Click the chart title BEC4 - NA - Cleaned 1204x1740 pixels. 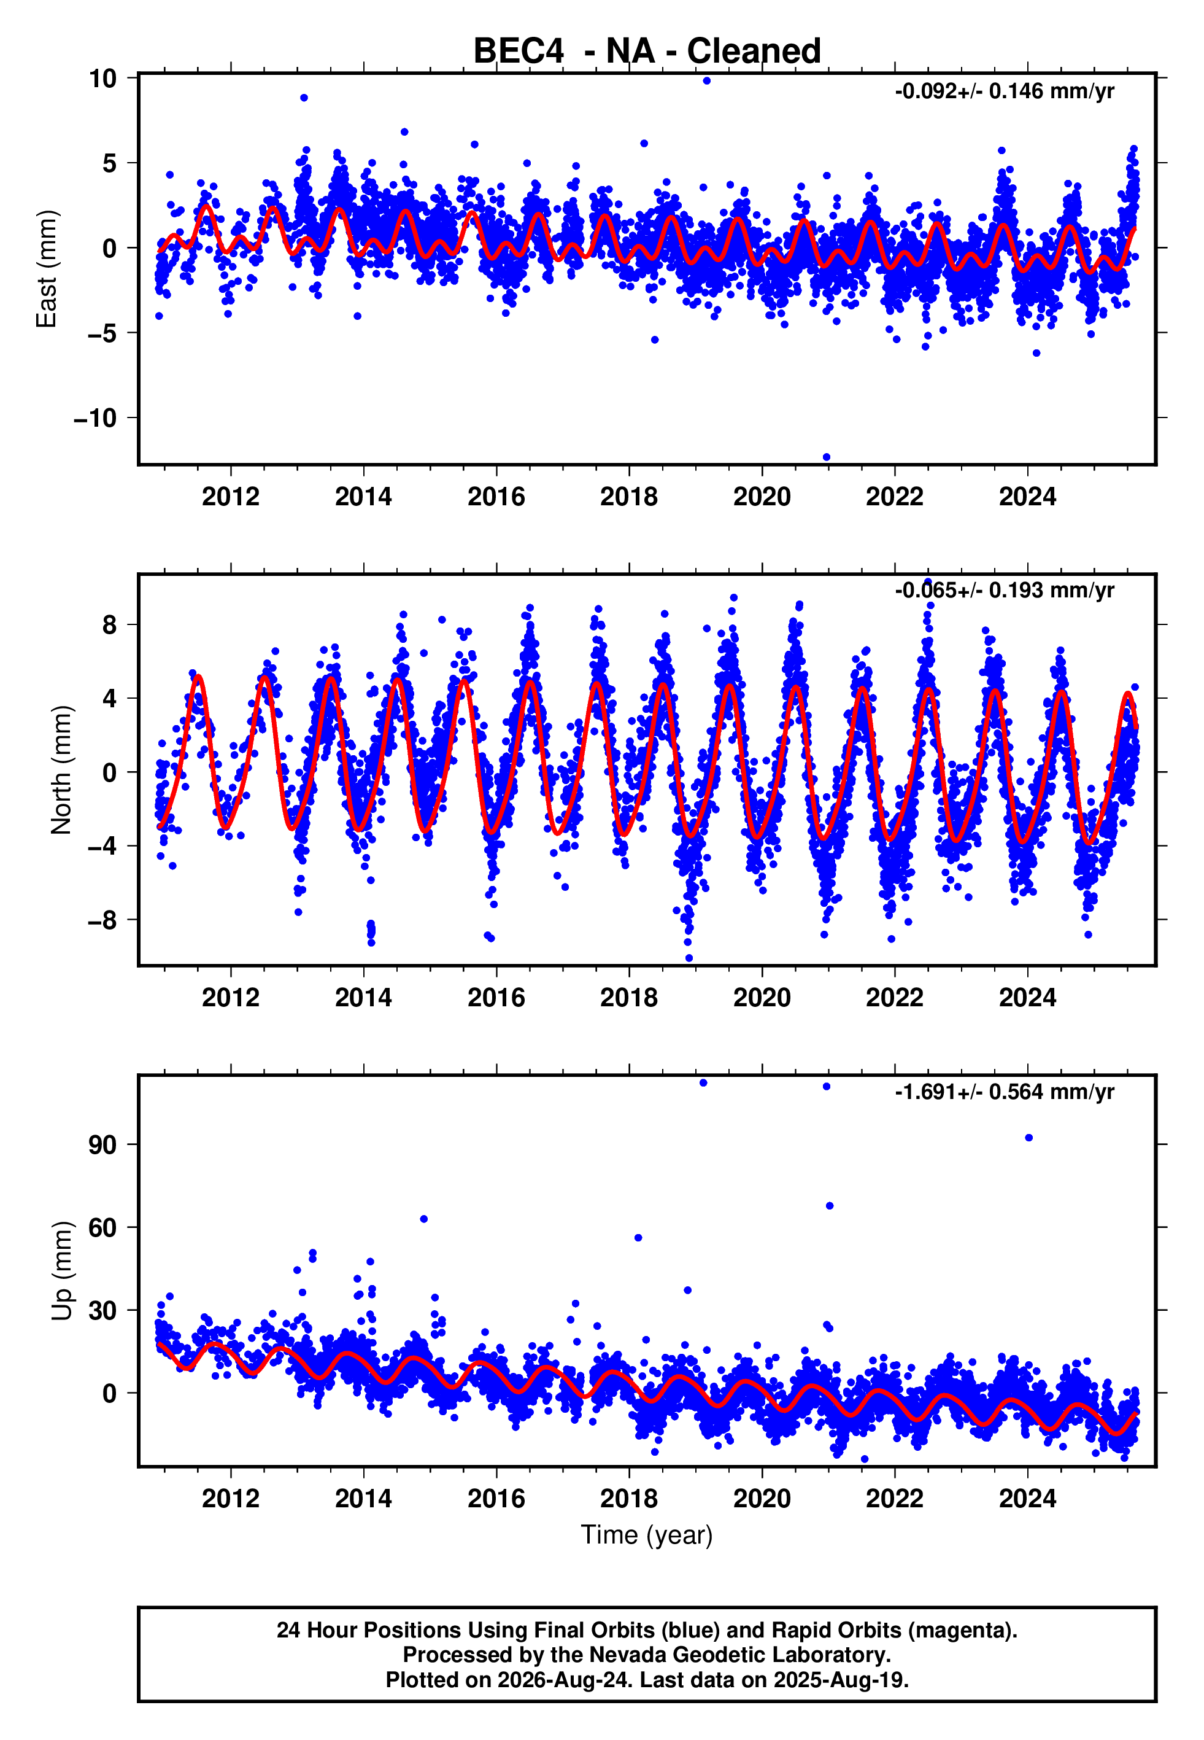click(x=647, y=52)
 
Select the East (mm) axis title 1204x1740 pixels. click(x=47, y=269)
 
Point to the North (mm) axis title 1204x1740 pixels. click(x=61, y=770)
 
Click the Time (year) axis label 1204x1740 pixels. click(x=647, y=1536)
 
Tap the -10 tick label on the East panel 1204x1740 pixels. click(x=95, y=418)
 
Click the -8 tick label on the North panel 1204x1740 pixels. click(x=102, y=920)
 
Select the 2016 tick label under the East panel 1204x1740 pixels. click(x=496, y=497)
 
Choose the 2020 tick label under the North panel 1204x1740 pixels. click(x=762, y=998)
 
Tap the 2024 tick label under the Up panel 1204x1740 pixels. click(x=1027, y=1499)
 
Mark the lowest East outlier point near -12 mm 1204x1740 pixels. click(x=826, y=457)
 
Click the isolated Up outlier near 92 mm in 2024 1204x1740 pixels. click(x=1028, y=1138)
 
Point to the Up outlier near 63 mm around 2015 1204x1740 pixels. click(x=424, y=1219)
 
